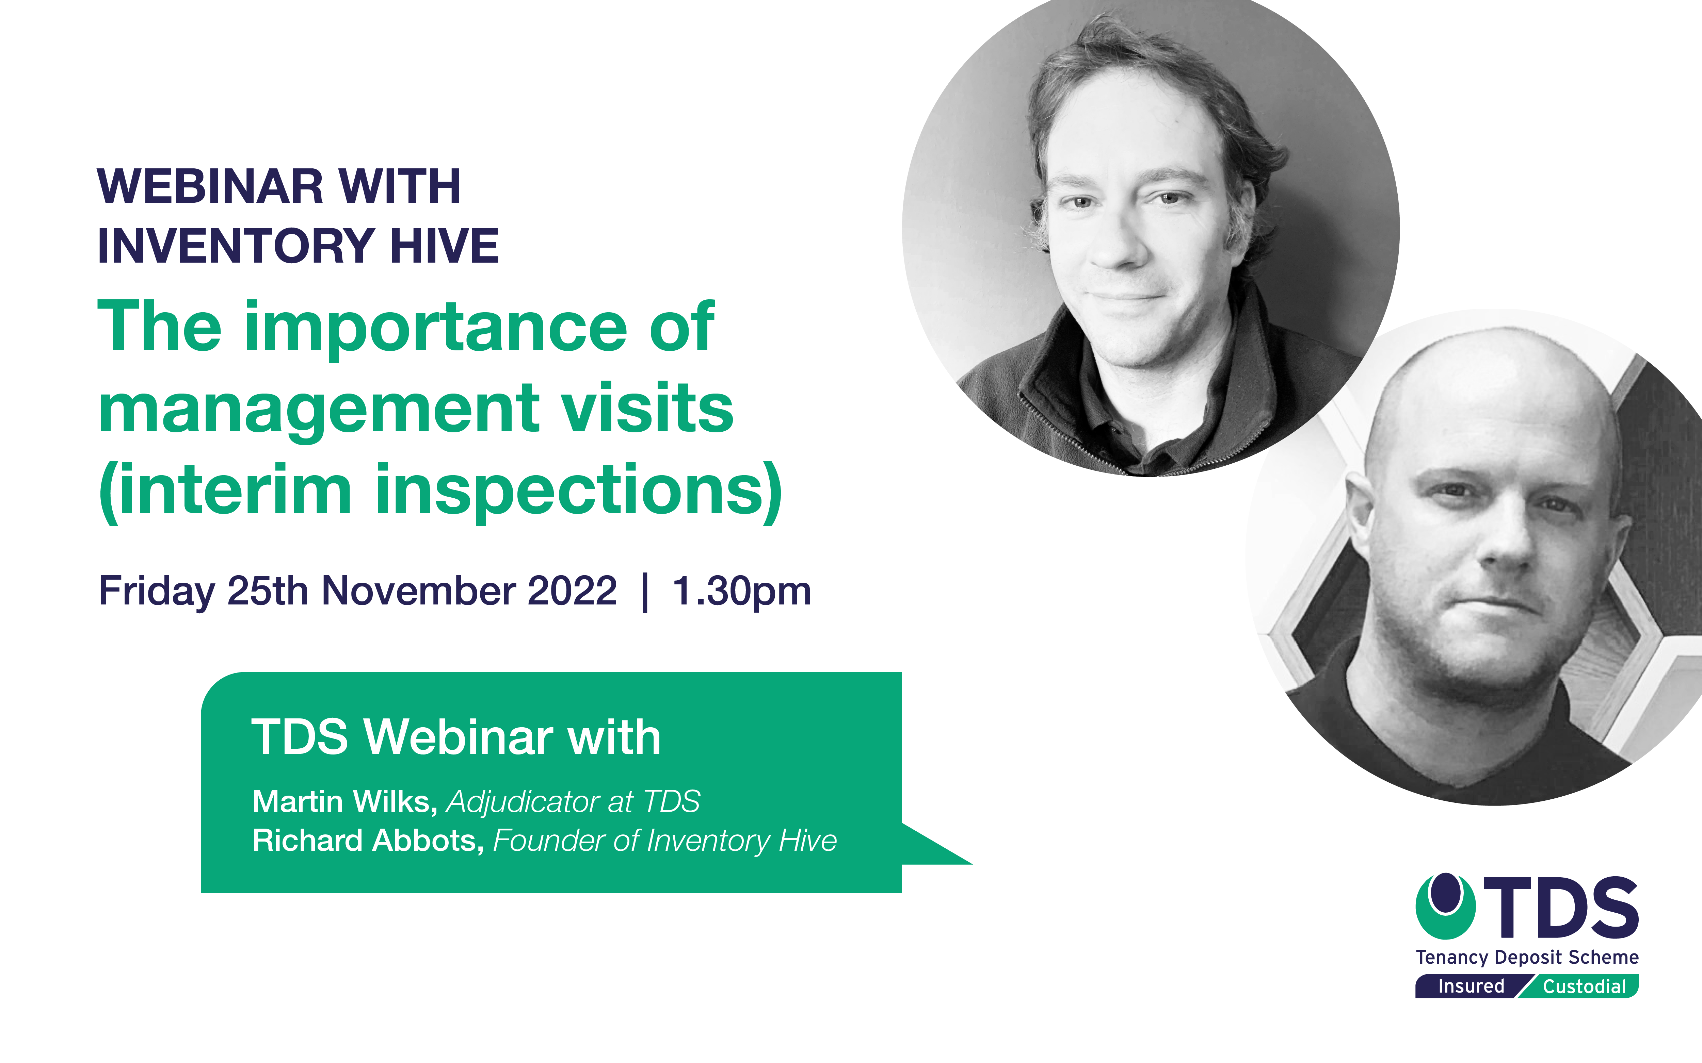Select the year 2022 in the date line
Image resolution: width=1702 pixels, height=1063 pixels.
(572, 591)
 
